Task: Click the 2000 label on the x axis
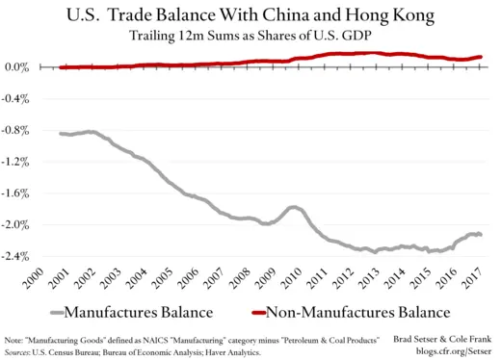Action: pyautogui.click(x=35, y=279)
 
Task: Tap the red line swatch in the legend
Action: pyautogui.click(x=250, y=312)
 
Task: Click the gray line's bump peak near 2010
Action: pyautogui.click(x=294, y=207)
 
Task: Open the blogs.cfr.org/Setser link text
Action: pyautogui.click(x=452, y=351)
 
